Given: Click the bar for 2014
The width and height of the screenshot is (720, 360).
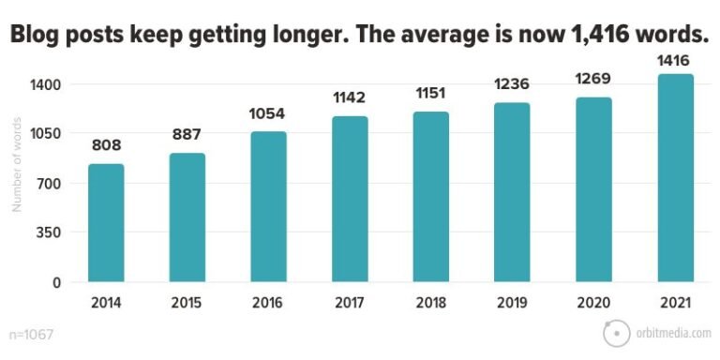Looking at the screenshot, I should point(106,222).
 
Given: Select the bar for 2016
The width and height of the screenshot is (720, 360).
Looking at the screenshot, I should point(268,206).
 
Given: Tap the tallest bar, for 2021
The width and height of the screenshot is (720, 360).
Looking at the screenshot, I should point(675,177).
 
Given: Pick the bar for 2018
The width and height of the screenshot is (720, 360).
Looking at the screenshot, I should point(431,196).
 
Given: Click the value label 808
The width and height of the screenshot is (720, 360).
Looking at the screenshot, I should point(106,146).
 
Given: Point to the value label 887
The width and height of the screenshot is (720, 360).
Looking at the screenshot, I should point(187,134).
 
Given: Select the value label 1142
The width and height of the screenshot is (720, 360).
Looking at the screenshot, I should point(350,97).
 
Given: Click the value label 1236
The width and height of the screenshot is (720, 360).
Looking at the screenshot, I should point(513,83).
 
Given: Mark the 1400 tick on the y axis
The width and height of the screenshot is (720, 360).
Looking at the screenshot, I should point(46,84).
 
